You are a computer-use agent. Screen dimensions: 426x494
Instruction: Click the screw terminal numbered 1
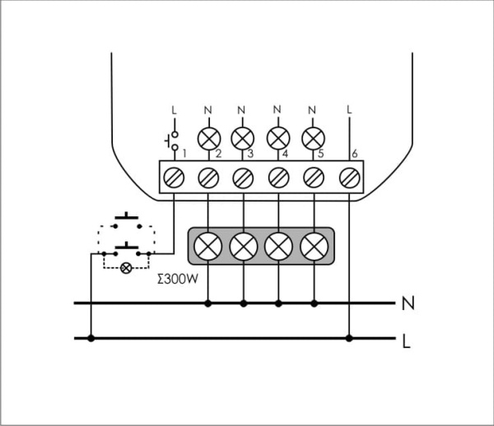174,175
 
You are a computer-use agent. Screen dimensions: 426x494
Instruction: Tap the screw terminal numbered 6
349,175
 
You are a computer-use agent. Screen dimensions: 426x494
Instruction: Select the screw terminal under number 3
243,175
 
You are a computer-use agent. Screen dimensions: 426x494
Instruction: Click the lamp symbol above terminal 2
207,136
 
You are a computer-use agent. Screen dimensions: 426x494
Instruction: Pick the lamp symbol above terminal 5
312,136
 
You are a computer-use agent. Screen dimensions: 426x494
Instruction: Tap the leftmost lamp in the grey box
208,245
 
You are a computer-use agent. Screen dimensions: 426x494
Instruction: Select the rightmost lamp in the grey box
314,245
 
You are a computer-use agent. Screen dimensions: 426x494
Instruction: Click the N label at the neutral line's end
406,304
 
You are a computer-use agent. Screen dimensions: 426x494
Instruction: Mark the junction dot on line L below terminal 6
350,338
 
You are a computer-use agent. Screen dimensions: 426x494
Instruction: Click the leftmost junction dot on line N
208,303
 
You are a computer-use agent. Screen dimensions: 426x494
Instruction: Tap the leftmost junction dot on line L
91,338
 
